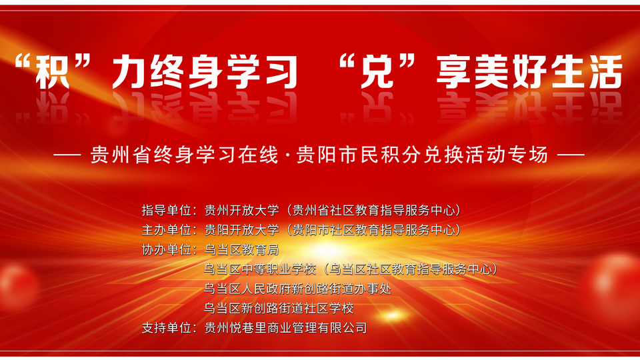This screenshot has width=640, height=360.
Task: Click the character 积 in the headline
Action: pyautogui.click(x=52, y=72)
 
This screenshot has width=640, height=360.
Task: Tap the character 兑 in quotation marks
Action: pyautogui.click(x=376, y=72)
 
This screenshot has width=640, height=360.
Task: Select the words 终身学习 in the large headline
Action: pyautogui.click(x=205, y=72)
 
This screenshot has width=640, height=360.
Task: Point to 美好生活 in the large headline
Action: pyautogui.click(x=548, y=72)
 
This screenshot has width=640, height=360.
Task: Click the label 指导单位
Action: pyautogui.click(x=166, y=210)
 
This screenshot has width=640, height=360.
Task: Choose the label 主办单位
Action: pyautogui.click(x=166, y=230)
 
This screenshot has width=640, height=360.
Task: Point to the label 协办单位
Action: pyautogui.click(x=166, y=249)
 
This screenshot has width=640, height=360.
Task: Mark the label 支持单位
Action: pyautogui.click(x=166, y=328)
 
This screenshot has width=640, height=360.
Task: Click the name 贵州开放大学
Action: pyautogui.click(x=241, y=210)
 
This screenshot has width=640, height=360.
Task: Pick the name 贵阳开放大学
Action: pyautogui.click(x=241, y=230)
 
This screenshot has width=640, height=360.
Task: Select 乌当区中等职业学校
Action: pyautogui.click(x=260, y=269)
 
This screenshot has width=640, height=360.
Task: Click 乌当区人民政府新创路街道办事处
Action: pyautogui.click(x=297, y=289)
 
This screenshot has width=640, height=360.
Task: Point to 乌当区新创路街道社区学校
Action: pyautogui.click(x=279, y=308)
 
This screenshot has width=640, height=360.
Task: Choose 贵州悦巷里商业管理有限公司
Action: pyautogui.click(x=286, y=328)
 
